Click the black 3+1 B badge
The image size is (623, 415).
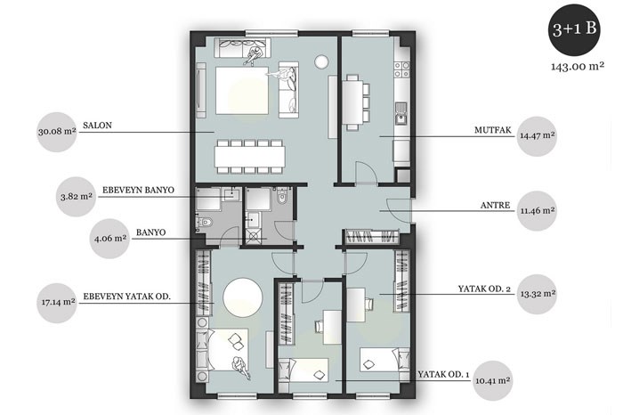coord(574,29)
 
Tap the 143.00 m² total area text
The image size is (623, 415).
coord(578,66)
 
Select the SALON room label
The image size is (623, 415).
coord(97,126)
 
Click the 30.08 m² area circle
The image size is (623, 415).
coord(57,132)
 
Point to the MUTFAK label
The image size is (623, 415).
coord(493,130)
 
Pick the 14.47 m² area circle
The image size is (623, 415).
coord(538,136)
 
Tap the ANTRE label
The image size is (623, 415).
coord(495,206)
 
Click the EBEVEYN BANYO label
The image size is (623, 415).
coord(138,190)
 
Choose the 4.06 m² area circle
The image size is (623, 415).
coord(109,239)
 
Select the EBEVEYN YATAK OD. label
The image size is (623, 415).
coord(126,297)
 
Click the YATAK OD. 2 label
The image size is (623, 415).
coord(484,289)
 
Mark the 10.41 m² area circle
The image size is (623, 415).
coord(493,381)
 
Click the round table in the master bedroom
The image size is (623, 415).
coord(243,297)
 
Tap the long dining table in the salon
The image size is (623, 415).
coord(250,157)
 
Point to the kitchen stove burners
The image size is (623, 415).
coord(401,69)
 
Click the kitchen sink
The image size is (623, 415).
coord(401,113)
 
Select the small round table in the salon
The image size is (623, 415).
coord(320,61)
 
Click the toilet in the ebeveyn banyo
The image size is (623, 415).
coord(204,223)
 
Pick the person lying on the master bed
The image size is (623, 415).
coord(240,368)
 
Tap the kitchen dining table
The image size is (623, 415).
coord(352,102)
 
